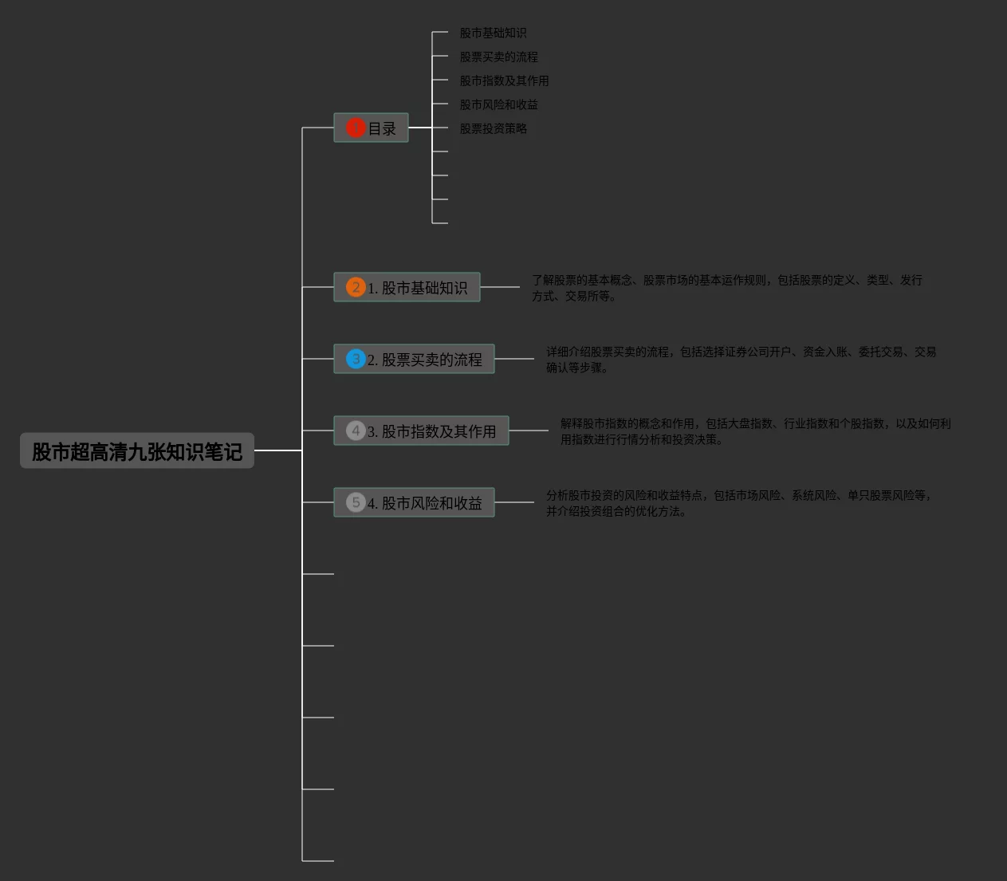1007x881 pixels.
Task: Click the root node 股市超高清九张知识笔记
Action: click(137, 451)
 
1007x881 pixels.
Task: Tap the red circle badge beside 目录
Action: click(355, 128)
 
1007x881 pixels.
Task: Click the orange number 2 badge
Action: click(356, 287)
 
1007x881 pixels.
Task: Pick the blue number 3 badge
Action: click(356, 359)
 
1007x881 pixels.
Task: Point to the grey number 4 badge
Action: click(356, 431)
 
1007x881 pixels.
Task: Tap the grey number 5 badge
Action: click(356, 502)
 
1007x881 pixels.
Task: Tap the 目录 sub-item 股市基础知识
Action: click(493, 33)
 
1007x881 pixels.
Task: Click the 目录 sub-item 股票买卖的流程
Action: click(498, 57)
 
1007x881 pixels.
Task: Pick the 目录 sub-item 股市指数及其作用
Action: click(504, 81)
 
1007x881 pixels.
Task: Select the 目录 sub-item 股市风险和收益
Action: click(498, 104)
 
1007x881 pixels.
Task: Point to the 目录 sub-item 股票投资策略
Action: click(493, 128)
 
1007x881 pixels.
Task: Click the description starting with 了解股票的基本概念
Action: click(726, 288)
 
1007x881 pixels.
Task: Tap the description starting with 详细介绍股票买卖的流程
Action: click(741, 360)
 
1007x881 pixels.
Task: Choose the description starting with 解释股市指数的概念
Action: click(755, 431)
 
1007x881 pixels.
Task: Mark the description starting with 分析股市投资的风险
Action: click(738, 503)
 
